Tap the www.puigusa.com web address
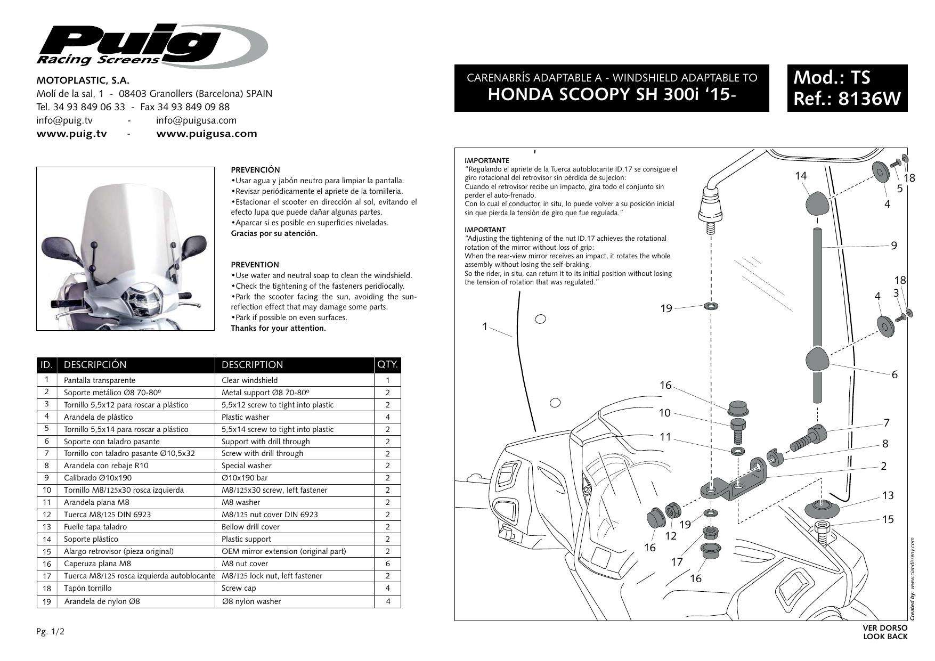coord(206,134)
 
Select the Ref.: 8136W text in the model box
coord(847,99)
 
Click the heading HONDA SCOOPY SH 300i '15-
coord(611,94)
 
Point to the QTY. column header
coord(387,365)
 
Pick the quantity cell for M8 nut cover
coord(387,564)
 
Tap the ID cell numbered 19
coord(47,601)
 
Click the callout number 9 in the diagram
coord(894,246)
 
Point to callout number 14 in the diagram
coord(800,176)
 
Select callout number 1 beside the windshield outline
coord(485,327)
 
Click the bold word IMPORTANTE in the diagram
coord(487,160)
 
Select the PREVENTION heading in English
coord(255,265)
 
